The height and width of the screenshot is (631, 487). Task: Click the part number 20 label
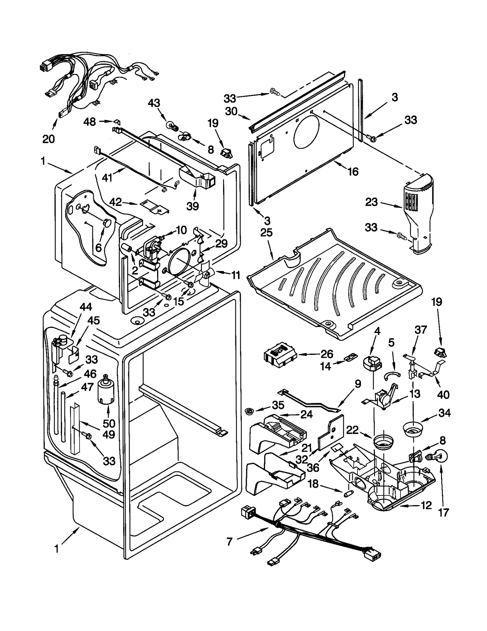[x=48, y=139]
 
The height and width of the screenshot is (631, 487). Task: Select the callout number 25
[x=266, y=233]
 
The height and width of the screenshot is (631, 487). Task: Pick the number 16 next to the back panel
[x=353, y=172]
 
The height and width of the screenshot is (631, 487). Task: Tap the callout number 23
[x=371, y=202]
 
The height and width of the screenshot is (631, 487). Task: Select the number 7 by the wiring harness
[x=229, y=541]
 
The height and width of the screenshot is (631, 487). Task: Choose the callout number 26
[x=327, y=354]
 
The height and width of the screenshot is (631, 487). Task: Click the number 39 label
[x=193, y=206]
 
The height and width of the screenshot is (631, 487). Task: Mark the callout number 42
[x=116, y=202]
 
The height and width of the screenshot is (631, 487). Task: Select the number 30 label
[x=231, y=111]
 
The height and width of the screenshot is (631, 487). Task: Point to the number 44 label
[x=86, y=307]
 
